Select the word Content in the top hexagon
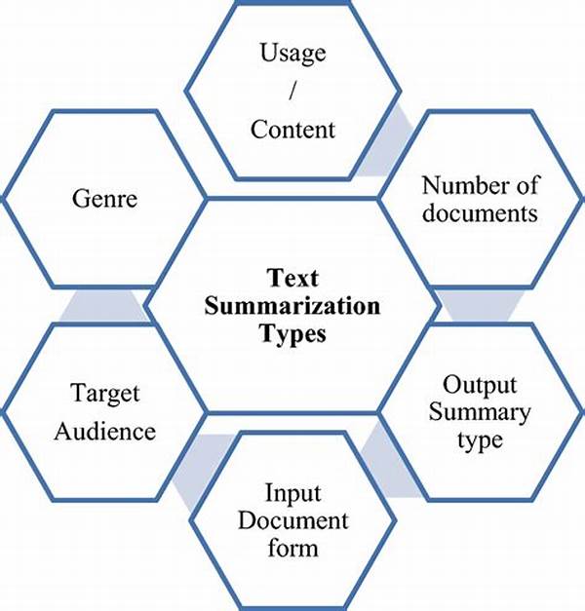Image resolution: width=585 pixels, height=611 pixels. coord(292,129)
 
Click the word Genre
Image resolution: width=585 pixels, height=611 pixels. coord(104,199)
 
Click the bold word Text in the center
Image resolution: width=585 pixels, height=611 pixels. coord(292,278)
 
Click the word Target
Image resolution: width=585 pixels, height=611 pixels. coord(104,394)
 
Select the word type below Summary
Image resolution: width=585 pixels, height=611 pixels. coord(479,439)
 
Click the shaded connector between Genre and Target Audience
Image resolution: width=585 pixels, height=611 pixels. coord(102,306)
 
